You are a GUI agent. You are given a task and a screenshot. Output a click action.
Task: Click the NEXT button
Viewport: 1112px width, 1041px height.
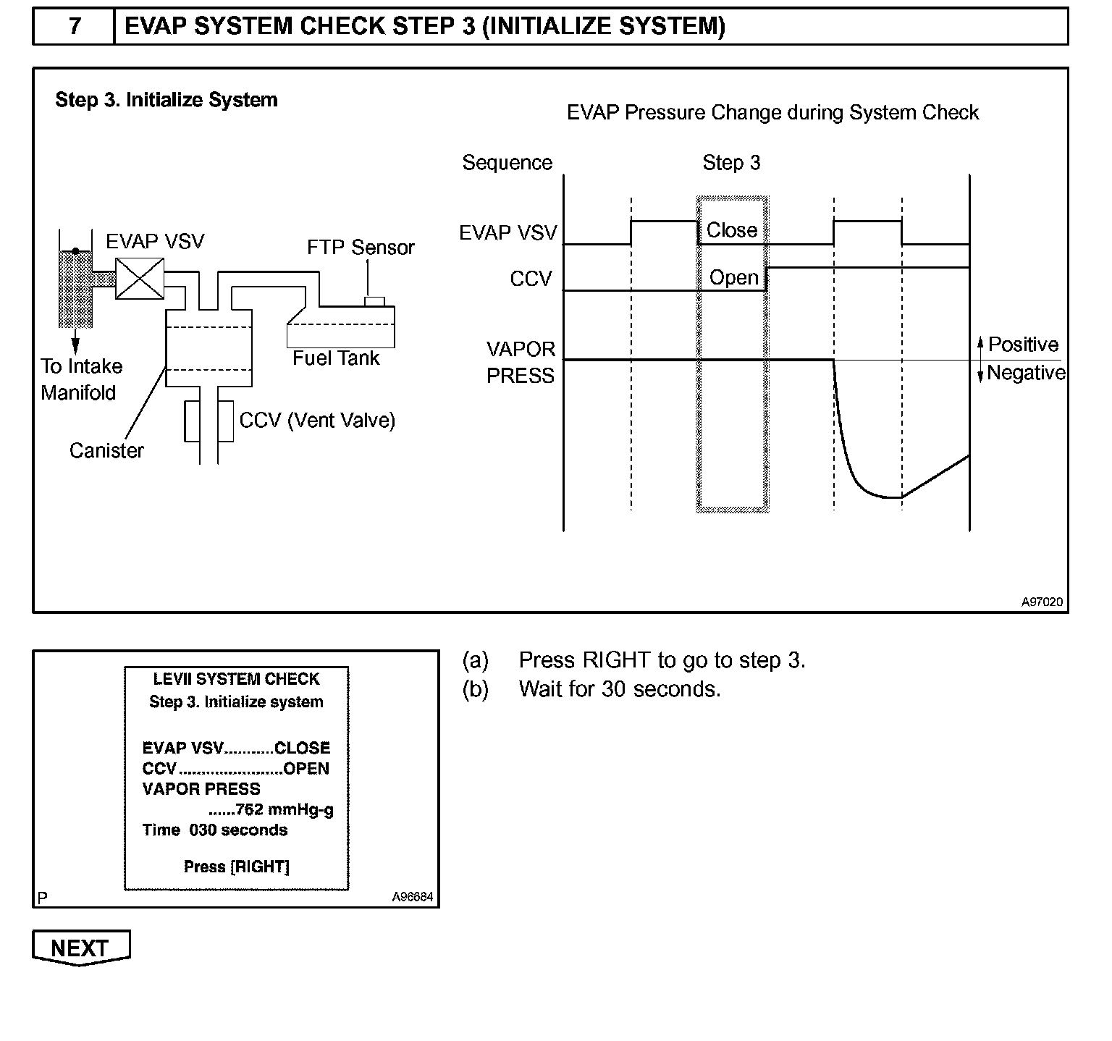(80, 948)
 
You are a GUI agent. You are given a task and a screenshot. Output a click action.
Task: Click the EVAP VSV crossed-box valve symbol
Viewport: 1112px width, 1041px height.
(140, 279)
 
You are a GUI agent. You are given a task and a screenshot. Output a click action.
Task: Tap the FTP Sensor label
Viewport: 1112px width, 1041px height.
(361, 248)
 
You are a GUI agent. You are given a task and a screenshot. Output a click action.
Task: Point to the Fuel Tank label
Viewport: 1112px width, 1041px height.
(336, 358)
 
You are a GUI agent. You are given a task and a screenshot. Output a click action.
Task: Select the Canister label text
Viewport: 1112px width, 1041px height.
(106, 450)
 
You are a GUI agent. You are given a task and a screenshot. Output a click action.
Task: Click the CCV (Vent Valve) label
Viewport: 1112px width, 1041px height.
(317, 421)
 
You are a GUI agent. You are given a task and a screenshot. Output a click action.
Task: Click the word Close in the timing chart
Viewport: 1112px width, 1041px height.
(732, 230)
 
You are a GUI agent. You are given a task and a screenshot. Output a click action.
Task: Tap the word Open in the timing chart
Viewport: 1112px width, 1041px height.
(733, 277)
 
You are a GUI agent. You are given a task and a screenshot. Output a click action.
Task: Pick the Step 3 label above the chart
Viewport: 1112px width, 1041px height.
(731, 163)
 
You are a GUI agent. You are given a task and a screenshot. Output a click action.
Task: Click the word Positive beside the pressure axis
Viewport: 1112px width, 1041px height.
(1023, 345)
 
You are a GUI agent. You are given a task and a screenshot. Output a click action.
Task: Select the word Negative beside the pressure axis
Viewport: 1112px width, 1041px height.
(1026, 373)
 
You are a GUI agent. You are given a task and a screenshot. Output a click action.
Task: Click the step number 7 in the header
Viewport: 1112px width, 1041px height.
(75, 26)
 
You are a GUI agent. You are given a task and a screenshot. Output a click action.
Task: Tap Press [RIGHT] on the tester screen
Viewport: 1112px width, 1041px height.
(237, 867)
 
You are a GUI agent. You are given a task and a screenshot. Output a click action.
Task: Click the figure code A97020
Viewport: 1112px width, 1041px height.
(1042, 602)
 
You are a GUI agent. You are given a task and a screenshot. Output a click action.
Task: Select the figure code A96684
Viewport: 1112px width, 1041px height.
(413, 897)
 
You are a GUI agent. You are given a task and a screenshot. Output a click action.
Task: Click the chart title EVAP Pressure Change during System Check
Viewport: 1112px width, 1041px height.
(772, 113)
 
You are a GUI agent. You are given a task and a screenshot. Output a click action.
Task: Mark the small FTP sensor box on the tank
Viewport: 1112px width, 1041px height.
(374, 301)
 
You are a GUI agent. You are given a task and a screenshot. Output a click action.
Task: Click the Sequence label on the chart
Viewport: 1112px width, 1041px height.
(507, 163)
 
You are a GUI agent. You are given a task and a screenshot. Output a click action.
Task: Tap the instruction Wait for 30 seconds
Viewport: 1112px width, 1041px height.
(620, 688)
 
